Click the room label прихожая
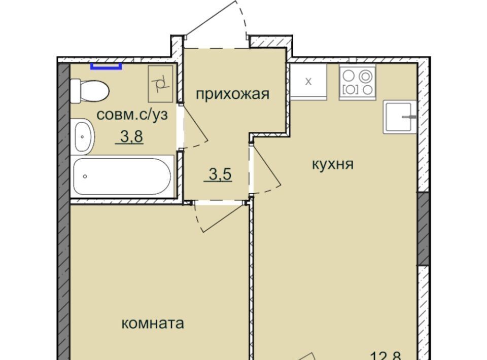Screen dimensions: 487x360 pos(232,94)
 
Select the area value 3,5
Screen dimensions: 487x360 pos(220,174)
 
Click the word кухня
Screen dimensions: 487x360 pos(333,164)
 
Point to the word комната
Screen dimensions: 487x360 pos(153,323)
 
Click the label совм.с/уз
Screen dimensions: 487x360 pos(132,115)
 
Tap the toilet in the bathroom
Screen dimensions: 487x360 pos(90,91)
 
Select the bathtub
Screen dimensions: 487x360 pos(122,176)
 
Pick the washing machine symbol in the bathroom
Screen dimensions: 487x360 pos(160,84)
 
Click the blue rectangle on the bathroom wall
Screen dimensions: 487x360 pos(106,66)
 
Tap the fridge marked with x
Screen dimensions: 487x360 pos(308,82)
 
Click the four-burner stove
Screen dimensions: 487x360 pos(357,82)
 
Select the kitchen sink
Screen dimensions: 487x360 pos(400,117)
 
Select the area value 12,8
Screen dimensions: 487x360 pos(387,355)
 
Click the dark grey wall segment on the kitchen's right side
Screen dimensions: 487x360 pos(423,229)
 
